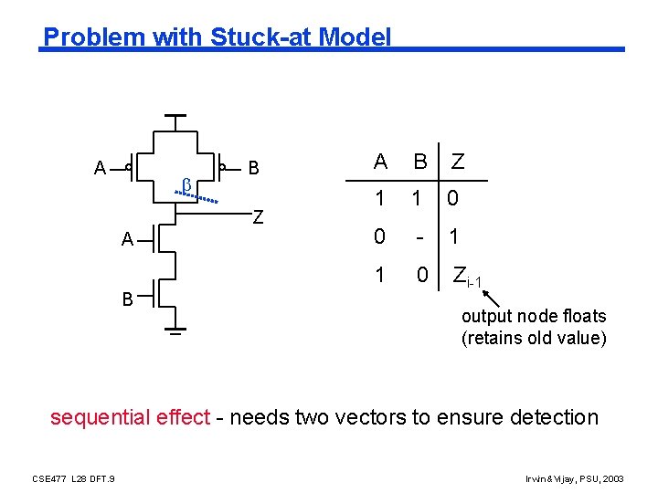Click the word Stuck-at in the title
(x=252, y=37)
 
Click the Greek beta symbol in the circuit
(x=186, y=185)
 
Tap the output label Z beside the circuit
(x=259, y=217)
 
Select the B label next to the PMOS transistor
(x=254, y=168)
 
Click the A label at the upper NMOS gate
(x=128, y=240)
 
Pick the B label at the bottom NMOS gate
(x=128, y=298)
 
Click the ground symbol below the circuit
(x=175, y=330)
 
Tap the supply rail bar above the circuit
(x=175, y=117)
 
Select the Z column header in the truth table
(x=457, y=163)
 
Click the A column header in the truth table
(x=380, y=163)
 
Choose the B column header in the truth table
(x=419, y=163)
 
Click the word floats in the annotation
(x=585, y=316)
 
